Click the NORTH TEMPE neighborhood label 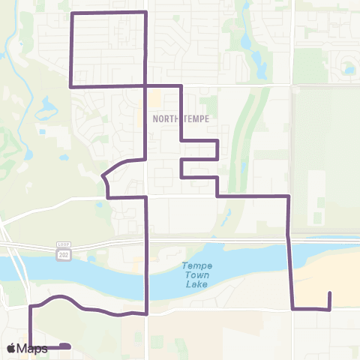tap(180, 118)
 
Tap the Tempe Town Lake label tap(196, 274)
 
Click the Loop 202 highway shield tap(63, 254)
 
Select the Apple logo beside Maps tap(11, 348)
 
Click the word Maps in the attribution tap(33, 348)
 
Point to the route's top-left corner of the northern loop tap(70, 13)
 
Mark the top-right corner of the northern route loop tap(145, 13)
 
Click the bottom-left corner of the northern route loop tap(70, 86)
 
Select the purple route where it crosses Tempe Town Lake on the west tap(145, 274)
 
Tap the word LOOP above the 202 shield tap(63, 244)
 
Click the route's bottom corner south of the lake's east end tap(292, 308)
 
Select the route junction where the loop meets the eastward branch tap(145, 86)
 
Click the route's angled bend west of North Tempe tap(103, 176)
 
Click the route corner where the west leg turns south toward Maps tap(31, 307)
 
